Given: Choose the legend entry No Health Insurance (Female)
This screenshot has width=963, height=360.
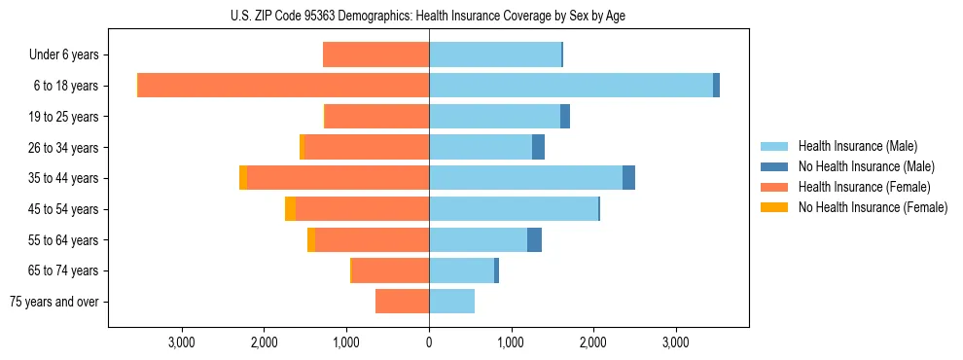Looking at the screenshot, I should click(873, 207).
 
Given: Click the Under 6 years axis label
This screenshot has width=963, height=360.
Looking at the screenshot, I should click(63, 55).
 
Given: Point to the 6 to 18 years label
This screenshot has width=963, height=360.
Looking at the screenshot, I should click(66, 86).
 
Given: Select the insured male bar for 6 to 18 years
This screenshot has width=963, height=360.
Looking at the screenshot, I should click(571, 86).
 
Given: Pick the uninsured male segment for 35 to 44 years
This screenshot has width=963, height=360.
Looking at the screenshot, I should click(628, 178).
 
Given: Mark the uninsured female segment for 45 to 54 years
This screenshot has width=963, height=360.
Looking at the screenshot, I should click(290, 209).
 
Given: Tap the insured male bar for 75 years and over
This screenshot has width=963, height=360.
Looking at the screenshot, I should click(451, 302).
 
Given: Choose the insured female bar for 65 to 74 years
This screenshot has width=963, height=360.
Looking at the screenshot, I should click(390, 270).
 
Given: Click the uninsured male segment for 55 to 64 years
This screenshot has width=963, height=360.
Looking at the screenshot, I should click(534, 240).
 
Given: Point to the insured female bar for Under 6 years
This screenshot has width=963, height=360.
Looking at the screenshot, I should click(375, 55).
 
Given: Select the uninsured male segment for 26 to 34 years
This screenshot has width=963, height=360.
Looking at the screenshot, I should click(538, 148).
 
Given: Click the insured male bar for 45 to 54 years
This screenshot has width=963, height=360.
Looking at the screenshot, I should click(514, 209).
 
